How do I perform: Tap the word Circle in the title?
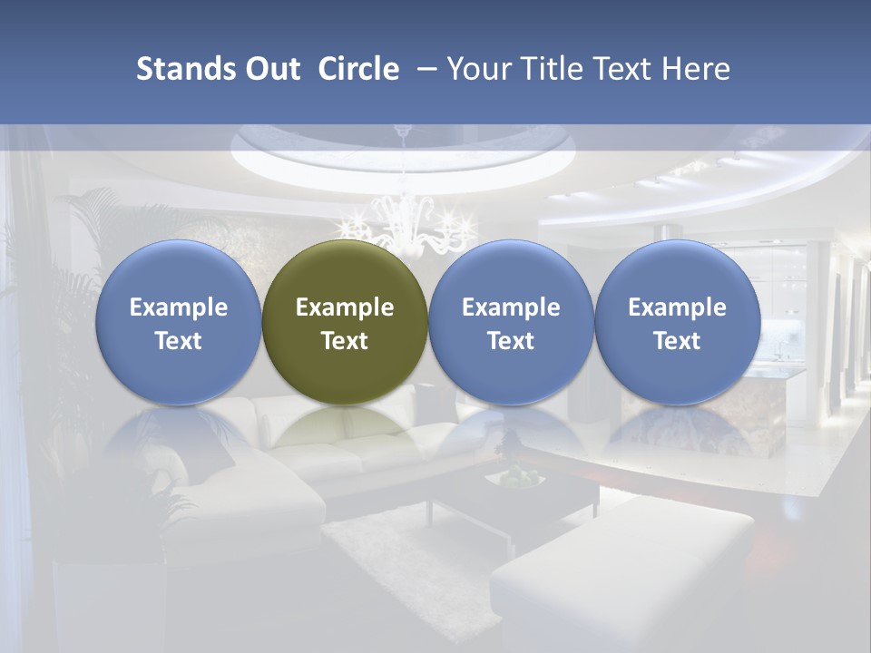pos(358,69)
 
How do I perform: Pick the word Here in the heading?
pos(697,69)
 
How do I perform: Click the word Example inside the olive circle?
pos(345,307)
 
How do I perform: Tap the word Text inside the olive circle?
pos(345,341)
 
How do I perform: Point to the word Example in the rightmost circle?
pos(677,307)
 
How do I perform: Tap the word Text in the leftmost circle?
pos(179,341)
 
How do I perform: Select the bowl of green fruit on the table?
pos(518,476)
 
